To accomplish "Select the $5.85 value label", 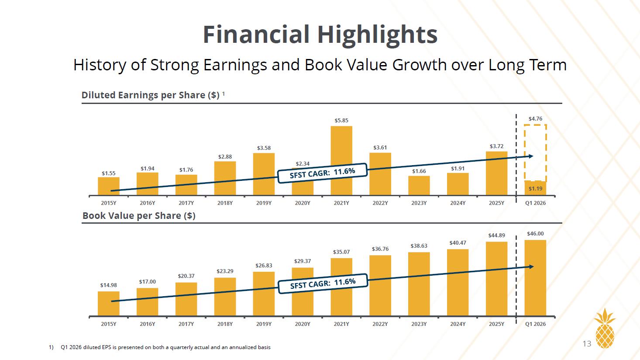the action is [341, 121].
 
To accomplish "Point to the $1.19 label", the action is [535, 188].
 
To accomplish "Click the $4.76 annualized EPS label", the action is [535, 118].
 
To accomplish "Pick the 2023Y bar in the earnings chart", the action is [419, 186].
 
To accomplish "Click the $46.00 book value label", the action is [535, 234].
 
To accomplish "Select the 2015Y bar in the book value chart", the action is [109, 304].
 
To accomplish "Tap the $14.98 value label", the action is [109, 285].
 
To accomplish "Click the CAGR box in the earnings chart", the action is [322, 173].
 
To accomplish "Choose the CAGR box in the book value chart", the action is [323, 284].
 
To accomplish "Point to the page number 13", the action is [587, 344].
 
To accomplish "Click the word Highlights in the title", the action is [378, 35].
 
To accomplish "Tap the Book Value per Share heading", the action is [139, 215].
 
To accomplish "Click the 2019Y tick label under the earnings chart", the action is [264, 203].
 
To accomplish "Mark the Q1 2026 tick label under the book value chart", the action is [535, 324].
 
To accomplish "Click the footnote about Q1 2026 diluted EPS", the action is [160, 347].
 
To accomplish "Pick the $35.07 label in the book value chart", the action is [341, 252].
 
